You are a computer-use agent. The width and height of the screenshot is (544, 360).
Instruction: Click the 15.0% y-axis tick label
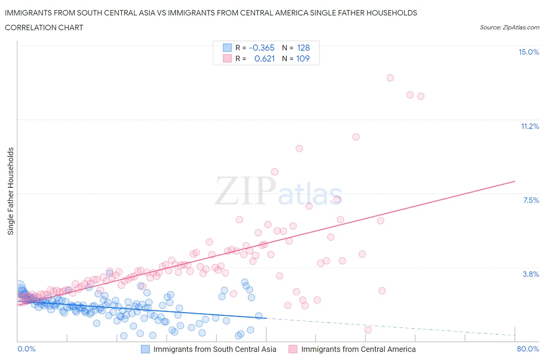(529, 52)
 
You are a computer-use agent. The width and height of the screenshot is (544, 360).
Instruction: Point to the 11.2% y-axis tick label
(530, 126)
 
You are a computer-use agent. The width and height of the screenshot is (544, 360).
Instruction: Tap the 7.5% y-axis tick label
(531, 200)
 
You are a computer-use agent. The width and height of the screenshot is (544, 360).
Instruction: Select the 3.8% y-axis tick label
(531, 274)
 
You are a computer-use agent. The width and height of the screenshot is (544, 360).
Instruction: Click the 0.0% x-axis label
(27, 349)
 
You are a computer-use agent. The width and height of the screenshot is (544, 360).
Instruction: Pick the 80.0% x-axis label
(528, 349)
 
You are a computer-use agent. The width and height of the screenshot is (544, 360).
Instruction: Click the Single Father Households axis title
(11, 191)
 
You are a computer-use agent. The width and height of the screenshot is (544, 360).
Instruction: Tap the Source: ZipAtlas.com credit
(509, 27)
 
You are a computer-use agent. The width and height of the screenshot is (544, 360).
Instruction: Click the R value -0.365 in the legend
(262, 48)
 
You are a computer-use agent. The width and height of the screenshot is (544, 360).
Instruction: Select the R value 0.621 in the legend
(264, 58)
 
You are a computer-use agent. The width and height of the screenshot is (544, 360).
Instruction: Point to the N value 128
(303, 48)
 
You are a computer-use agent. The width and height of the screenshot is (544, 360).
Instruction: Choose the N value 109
(303, 58)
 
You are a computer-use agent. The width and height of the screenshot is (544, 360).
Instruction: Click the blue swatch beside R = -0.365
(227, 48)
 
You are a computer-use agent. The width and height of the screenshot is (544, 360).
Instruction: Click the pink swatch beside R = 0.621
(227, 58)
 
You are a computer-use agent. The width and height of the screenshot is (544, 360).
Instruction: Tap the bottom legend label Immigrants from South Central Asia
(215, 349)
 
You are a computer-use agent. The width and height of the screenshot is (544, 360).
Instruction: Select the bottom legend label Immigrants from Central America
(358, 349)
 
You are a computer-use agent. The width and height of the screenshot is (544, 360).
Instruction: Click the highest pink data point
(390, 78)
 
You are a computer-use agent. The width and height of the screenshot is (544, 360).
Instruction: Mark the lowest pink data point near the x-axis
(368, 330)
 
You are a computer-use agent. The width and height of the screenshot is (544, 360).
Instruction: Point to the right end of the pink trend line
(515, 181)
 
